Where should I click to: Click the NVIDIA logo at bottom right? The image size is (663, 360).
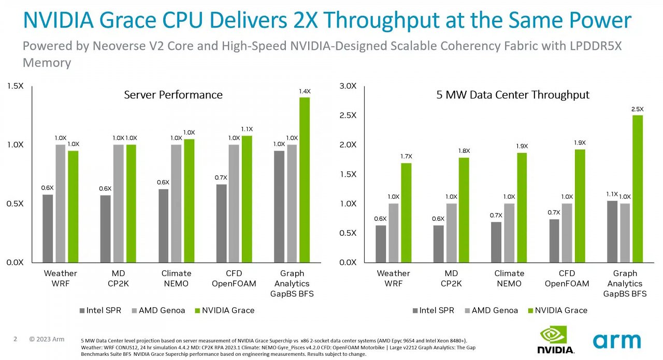click(x=556, y=340)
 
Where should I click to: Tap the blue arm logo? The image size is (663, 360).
click(x=617, y=341)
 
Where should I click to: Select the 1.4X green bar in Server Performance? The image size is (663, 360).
click(x=305, y=180)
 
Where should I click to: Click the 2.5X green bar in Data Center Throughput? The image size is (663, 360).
click(x=638, y=189)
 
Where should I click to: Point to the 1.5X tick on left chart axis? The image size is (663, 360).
click(x=15, y=86)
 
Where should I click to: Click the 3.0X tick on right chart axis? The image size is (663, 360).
click(x=348, y=86)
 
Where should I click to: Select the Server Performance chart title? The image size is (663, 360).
click(x=173, y=95)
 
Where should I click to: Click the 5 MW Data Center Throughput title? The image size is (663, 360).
click(x=513, y=95)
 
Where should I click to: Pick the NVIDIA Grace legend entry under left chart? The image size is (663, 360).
click(x=225, y=310)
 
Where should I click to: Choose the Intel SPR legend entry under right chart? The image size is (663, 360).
click(x=434, y=310)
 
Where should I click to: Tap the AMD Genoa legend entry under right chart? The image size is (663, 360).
click(x=492, y=310)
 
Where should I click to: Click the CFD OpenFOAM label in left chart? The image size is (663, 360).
click(x=234, y=278)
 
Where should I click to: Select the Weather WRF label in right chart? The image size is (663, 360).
click(x=393, y=278)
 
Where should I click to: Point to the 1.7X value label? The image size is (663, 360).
click(x=407, y=156)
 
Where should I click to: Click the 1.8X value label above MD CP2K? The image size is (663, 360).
click(x=464, y=151)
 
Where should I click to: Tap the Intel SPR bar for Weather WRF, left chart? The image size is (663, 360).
click(x=48, y=228)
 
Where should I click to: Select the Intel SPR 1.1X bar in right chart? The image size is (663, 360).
click(x=612, y=232)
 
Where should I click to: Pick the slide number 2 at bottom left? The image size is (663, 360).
click(x=16, y=339)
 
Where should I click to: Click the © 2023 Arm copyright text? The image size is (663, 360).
click(x=47, y=339)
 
